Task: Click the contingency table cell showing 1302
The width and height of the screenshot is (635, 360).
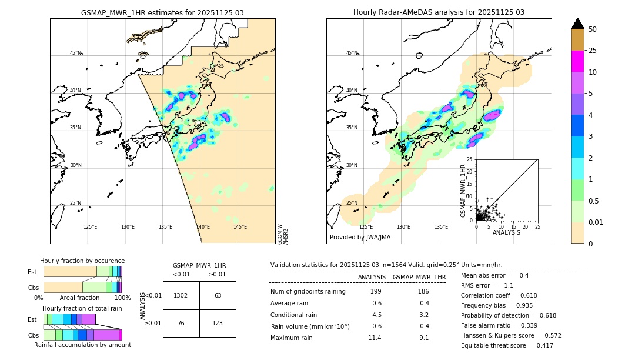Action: [181, 295]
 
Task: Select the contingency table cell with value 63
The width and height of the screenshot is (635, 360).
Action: [218, 295]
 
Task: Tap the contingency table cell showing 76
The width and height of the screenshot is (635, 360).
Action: [181, 323]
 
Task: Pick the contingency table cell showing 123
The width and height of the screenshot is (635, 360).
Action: [218, 323]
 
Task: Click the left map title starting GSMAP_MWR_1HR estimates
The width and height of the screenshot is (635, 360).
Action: [162, 12]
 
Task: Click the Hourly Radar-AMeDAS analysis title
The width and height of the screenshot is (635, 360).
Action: [439, 12]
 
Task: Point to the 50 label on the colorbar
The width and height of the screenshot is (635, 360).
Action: [593, 29]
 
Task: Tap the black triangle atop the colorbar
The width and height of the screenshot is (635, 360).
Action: [578, 24]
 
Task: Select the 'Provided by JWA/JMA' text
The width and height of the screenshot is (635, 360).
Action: [360, 237]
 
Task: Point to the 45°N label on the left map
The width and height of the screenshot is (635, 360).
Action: [75, 53]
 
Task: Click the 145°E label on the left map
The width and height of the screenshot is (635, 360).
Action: [240, 227]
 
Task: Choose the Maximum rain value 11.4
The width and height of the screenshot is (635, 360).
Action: [375, 338]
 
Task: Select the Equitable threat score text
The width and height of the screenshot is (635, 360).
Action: [507, 345]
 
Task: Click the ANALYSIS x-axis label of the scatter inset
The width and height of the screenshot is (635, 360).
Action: [506, 232]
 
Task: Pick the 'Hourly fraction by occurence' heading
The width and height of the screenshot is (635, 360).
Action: [82, 261]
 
